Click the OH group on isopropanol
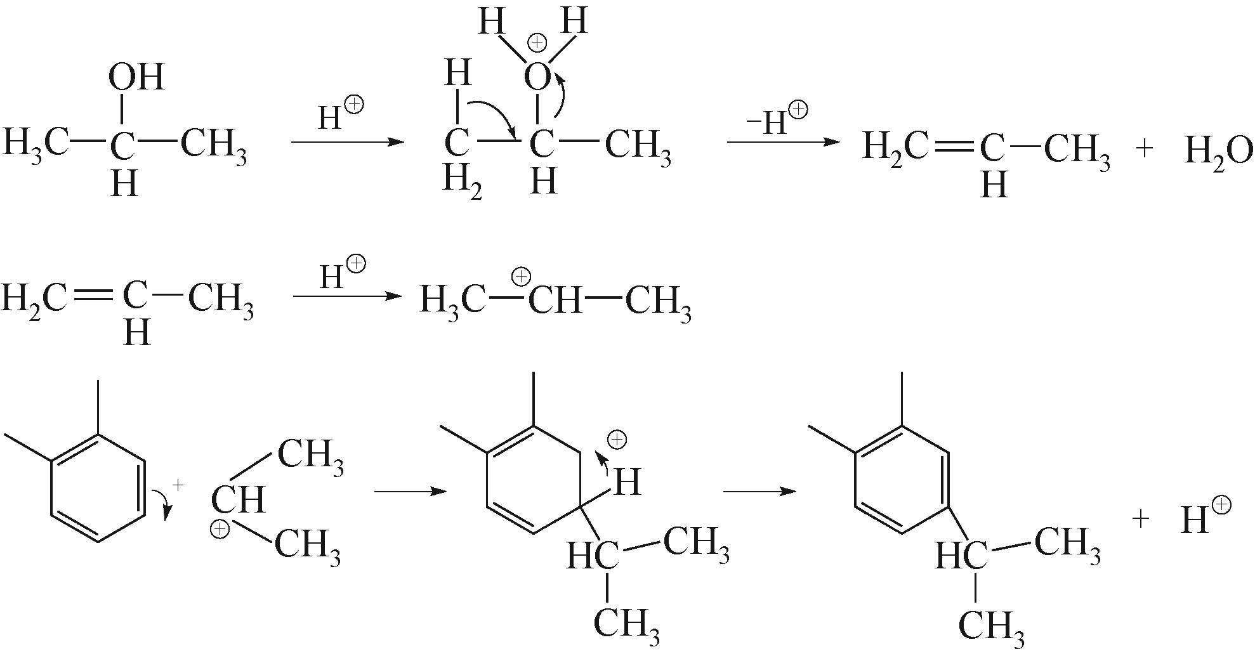(x=136, y=77)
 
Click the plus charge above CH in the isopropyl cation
(x=521, y=277)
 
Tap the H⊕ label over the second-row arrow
(x=342, y=274)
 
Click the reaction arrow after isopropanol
(x=347, y=141)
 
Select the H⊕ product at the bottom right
(x=1205, y=518)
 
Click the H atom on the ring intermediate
(x=627, y=482)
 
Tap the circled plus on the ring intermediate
(x=617, y=440)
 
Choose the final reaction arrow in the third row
(x=759, y=492)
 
